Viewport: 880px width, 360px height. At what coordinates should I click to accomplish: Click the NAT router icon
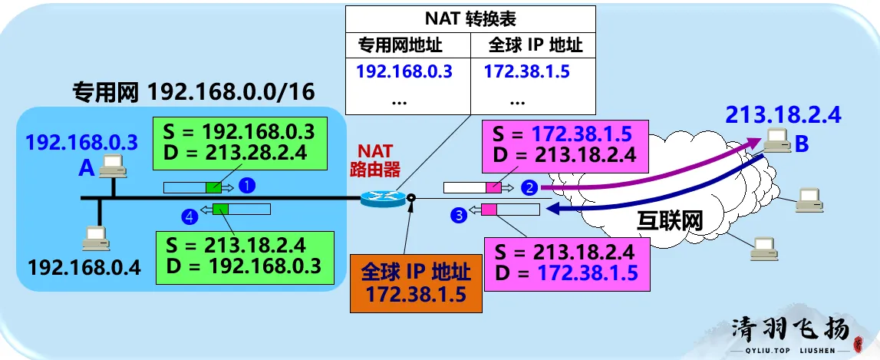coord(382,198)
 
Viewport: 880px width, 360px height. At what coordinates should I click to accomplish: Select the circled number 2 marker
coord(529,186)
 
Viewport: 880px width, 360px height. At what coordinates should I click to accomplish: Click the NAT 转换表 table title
coord(470,18)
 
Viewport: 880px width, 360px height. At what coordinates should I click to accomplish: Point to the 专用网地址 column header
coord(400,45)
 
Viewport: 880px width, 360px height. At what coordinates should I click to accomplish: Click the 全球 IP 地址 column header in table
coord(536,45)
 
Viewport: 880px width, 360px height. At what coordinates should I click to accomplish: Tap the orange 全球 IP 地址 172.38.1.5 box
coord(416,282)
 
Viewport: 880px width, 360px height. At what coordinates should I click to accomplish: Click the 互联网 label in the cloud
coord(670,220)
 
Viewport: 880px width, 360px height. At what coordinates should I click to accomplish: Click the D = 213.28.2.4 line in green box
coord(235,151)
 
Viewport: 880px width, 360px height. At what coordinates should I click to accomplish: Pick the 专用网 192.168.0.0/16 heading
coord(193,92)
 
